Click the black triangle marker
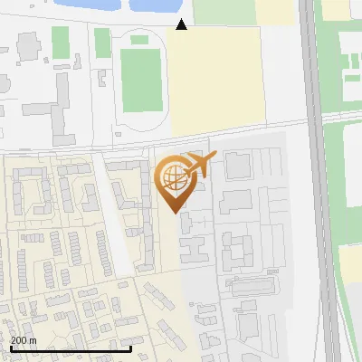pyautogui.click(x=182, y=24)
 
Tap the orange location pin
pyautogui.click(x=176, y=181)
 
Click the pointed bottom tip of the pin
pyautogui.click(x=176, y=211)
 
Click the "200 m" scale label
pyautogui.click(x=23, y=340)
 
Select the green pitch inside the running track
pyautogui.click(x=141, y=79)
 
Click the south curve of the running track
pyautogui.click(x=142, y=127)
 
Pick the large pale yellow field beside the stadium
pyautogui.click(x=214, y=81)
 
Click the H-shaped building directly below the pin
pyautogui.click(x=194, y=245)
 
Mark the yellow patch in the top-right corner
pyautogui.click(x=337, y=9)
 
